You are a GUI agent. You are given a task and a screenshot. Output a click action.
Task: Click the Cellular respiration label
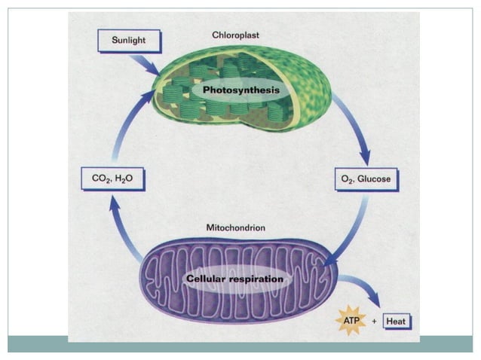(x=235, y=279)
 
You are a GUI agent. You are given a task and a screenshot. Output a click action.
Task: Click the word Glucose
(x=374, y=180)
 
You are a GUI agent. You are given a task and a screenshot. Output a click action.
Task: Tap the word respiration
(x=259, y=279)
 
